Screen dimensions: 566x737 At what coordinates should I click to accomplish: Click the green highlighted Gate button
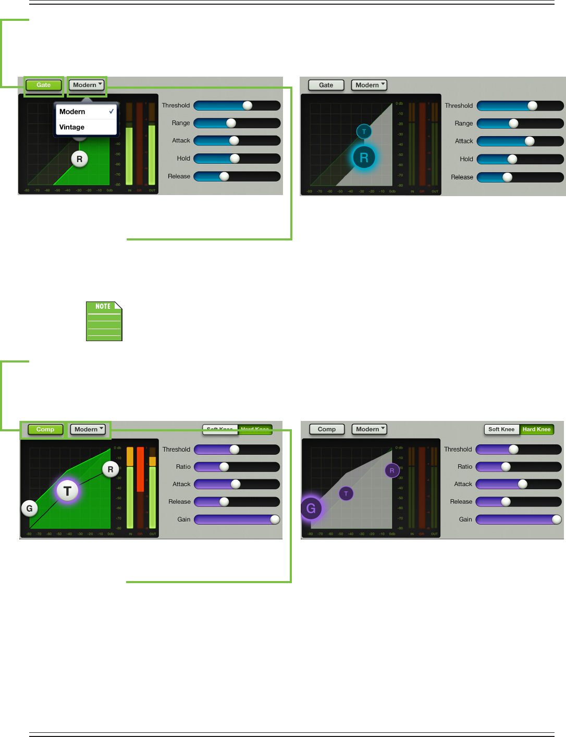(x=44, y=85)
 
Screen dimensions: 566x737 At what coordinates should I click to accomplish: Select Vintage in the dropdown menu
(x=72, y=127)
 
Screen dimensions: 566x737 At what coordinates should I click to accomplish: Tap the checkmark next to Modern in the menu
(x=112, y=112)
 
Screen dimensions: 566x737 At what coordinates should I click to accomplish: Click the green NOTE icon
(x=104, y=321)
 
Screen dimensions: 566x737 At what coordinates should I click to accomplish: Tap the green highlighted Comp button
(x=45, y=429)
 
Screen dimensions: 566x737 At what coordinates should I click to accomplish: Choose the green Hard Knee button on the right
(x=536, y=429)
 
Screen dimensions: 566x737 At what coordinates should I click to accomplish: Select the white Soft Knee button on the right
(x=501, y=429)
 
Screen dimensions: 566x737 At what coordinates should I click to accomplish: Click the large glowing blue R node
(x=364, y=157)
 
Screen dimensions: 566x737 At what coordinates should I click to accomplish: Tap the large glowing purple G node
(x=311, y=508)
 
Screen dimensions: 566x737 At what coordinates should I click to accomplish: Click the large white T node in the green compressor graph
(x=67, y=491)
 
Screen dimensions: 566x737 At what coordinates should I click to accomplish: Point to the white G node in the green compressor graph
(x=29, y=508)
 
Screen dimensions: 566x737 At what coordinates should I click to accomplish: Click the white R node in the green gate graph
(x=79, y=159)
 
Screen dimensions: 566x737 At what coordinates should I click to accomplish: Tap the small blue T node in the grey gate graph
(x=364, y=131)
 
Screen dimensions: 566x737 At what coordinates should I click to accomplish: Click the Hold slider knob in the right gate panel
(x=512, y=159)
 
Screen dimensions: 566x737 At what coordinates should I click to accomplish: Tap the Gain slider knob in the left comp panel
(x=275, y=519)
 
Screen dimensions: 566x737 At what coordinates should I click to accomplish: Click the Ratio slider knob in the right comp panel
(x=506, y=467)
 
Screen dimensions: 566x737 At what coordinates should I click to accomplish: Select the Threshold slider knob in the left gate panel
(x=248, y=105)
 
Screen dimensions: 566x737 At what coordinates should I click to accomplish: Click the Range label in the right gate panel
(x=463, y=124)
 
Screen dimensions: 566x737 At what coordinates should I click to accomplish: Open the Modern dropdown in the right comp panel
(x=369, y=429)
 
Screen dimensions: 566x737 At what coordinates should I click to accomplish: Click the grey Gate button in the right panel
(x=326, y=85)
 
